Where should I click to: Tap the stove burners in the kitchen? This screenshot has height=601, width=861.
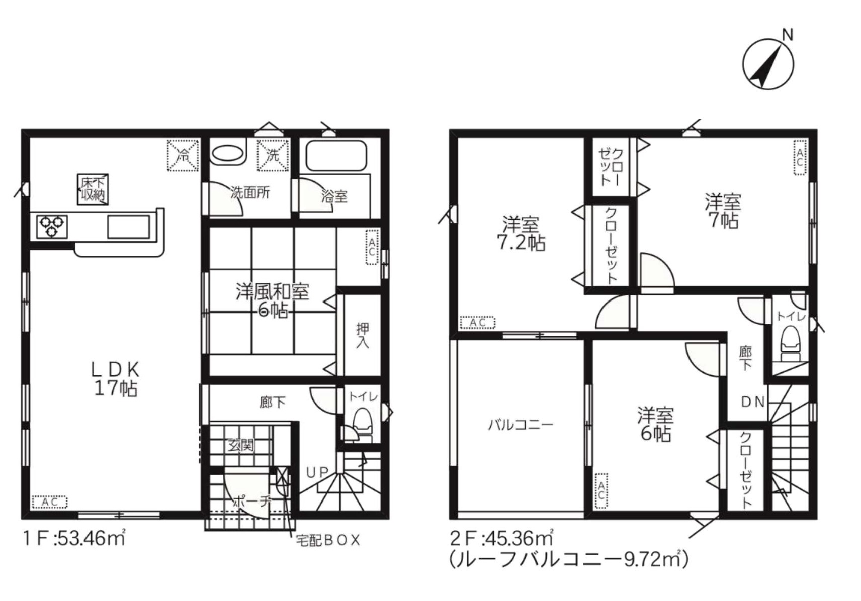(x=52, y=226)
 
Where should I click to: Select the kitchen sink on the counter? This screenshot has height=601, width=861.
(x=128, y=227)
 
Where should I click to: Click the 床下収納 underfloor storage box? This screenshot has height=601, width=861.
(x=93, y=189)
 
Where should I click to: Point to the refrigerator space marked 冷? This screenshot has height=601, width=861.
(x=183, y=155)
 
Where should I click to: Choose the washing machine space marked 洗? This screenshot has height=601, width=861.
(x=273, y=155)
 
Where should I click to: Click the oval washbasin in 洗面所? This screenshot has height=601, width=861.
(x=227, y=154)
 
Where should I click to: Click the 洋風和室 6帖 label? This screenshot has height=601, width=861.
(x=273, y=301)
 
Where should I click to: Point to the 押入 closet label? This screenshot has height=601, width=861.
(x=363, y=335)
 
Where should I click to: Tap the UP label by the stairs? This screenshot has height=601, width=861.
(x=317, y=472)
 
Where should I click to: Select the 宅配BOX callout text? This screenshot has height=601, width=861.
(x=328, y=540)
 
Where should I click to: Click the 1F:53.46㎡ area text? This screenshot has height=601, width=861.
(x=74, y=538)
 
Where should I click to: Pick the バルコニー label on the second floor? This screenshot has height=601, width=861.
(x=521, y=425)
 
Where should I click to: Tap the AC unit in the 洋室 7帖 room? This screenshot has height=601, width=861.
(x=800, y=157)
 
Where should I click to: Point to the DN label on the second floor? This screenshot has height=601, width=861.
(x=753, y=402)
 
